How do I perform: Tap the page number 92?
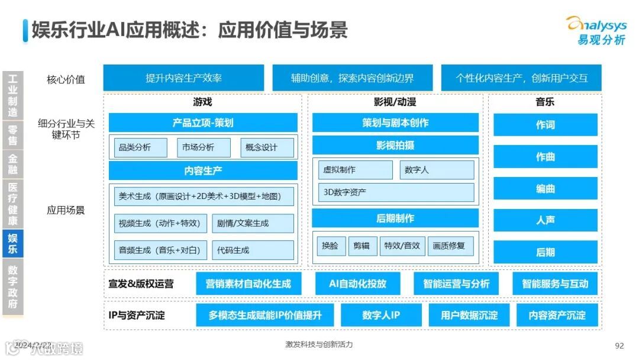[619, 345]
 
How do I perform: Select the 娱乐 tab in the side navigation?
[12, 244]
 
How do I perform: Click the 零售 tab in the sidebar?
[12, 135]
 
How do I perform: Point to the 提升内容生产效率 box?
[183, 78]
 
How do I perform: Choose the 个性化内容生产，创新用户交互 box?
[521, 78]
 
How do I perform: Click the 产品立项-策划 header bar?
[203, 123]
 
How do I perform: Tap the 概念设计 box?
[267, 147]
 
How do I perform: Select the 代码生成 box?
[253, 250]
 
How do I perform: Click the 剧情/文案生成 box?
[253, 223]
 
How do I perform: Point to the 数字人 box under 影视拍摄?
[437, 170]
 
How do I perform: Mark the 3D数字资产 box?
[396, 192]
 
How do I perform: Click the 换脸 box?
[330, 246]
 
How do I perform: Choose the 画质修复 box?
[449, 246]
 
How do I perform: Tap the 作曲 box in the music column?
[545, 157]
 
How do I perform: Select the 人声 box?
[545, 220]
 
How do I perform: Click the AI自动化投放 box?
[357, 284]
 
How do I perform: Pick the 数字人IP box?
[381, 315]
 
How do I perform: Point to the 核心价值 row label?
[66, 79]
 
